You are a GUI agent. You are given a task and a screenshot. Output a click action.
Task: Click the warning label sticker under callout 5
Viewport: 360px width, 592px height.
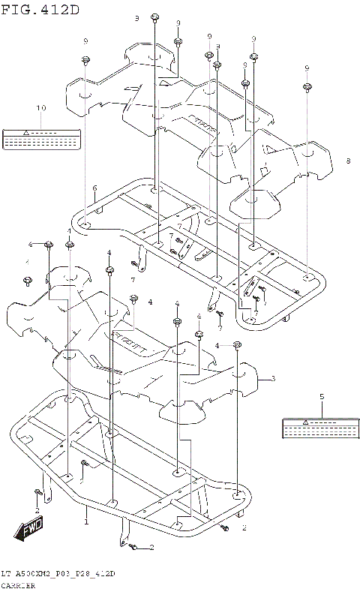point(321,428)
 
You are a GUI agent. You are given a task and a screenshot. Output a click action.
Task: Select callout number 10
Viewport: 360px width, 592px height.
point(41,108)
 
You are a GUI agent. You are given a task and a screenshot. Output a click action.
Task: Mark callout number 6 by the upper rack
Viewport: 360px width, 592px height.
point(94,188)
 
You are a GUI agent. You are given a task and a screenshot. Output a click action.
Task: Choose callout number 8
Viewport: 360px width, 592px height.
point(348,161)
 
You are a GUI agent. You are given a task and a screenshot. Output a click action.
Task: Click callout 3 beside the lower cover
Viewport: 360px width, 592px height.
point(273,378)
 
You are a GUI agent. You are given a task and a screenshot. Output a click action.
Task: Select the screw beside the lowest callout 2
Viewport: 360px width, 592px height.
point(133,548)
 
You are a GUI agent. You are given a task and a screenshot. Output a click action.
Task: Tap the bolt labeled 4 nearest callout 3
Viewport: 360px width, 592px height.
point(237,344)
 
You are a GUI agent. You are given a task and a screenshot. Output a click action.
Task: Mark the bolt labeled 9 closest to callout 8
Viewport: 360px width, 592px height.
point(307,89)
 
